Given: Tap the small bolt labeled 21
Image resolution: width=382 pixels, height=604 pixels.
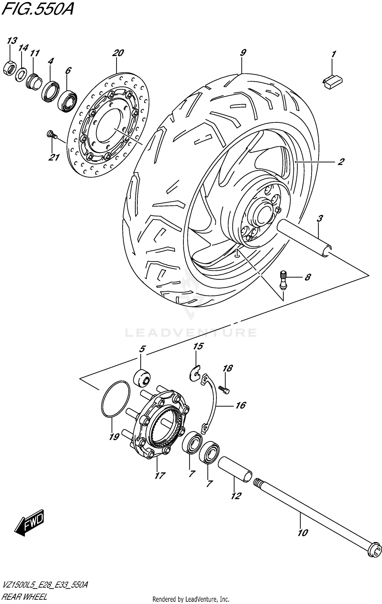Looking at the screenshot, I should (x=51, y=134).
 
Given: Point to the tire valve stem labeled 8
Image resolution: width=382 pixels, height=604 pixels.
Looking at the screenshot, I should (x=283, y=280).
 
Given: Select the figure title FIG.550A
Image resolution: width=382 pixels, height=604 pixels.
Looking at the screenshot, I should (x=37, y=9).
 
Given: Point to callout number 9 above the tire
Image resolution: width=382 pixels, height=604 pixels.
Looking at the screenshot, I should (x=243, y=53).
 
